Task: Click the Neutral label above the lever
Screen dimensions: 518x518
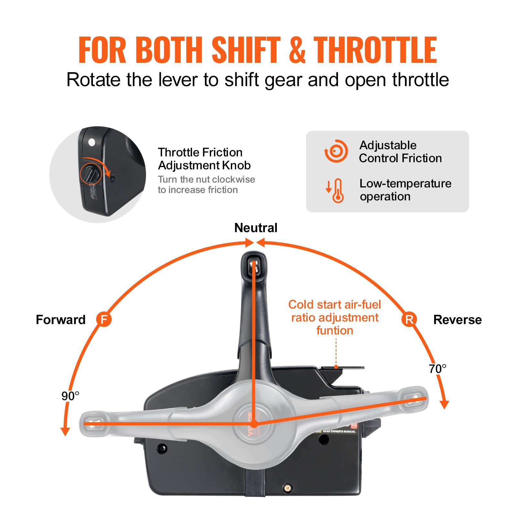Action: click(x=256, y=228)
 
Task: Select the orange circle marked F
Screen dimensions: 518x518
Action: click(x=104, y=320)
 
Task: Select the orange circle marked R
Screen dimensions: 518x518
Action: click(x=409, y=320)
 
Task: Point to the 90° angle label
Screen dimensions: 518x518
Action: click(x=70, y=396)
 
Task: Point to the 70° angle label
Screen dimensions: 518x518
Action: click(x=437, y=369)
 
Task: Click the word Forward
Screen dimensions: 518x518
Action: click(x=61, y=320)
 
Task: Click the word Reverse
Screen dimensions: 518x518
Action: click(x=457, y=320)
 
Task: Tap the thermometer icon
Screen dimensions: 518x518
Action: click(x=337, y=190)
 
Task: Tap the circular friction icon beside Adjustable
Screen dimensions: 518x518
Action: click(x=336, y=151)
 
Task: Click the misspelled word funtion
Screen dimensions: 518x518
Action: click(x=334, y=331)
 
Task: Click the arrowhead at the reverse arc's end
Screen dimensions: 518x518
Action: click(x=445, y=405)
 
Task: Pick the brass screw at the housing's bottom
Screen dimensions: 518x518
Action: click(x=287, y=488)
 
